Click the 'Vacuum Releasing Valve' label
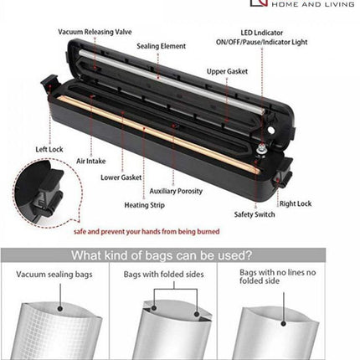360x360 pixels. pos(95,32)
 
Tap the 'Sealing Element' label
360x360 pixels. pos(162,46)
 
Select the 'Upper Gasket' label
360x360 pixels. pos(227,71)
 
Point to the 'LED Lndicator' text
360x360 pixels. pos(262,33)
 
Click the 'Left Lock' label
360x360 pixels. pos(49,149)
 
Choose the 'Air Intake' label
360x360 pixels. pos(91,161)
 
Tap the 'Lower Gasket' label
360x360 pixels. pos(121,177)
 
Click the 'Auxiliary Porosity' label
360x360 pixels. pos(176,191)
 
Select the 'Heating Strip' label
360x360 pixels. pos(145,205)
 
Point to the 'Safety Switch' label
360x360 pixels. pos(255,214)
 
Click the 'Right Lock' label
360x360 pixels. pos(296,203)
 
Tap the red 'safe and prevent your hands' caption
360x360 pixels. pos(147,232)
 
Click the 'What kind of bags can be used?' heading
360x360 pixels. pos(162,255)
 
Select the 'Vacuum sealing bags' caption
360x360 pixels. pos(54,275)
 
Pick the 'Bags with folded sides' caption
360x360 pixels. pos(163,275)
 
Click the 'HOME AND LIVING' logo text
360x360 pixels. pos(313,4)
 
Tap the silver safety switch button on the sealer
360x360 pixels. pos(262,150)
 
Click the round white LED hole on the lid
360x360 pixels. pos(270,130)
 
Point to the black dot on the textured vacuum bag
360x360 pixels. pos(59,309)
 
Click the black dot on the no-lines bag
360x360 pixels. pos(284,324)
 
